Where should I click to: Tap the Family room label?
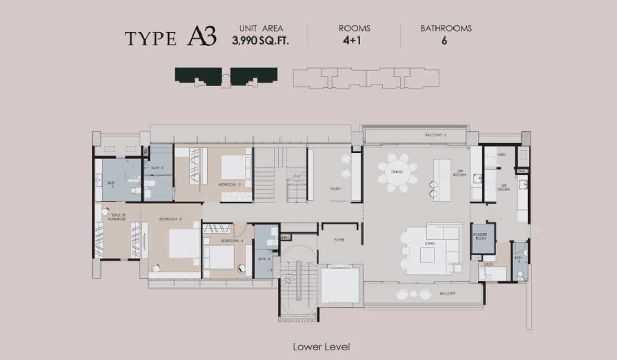[x=335, y=189]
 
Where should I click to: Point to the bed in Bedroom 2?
[x=184, y=243]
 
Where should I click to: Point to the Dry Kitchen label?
[x=460, y=173]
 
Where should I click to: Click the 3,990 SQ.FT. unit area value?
[x=261, y=41]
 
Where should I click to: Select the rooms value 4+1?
[x=354, y=41]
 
